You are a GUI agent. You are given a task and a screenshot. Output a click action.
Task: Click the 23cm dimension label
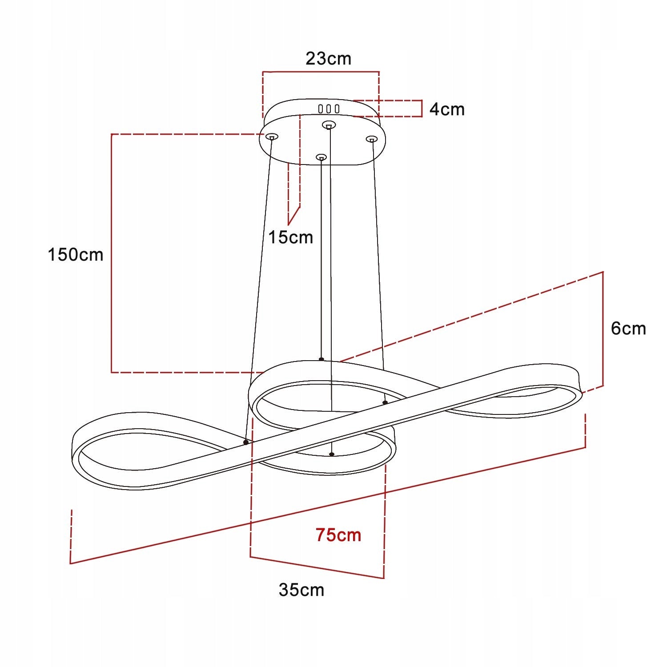[x=328, y=59]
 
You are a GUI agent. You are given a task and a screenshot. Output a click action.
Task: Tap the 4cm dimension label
[x=447, y=109]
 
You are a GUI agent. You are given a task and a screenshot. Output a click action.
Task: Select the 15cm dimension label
[x=291, y=237]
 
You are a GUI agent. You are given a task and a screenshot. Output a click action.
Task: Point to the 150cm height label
[x=76, y=255]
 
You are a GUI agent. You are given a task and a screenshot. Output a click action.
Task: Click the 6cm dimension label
[x=628, y=328]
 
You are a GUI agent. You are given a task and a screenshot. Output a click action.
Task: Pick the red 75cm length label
[x=338, y=535]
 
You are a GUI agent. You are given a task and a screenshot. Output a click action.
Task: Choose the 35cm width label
[x=301, y=590]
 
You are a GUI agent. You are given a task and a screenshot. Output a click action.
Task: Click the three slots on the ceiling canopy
[x=329, y=108]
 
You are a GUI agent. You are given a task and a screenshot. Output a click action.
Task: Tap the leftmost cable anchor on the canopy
[x=272, y=137]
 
